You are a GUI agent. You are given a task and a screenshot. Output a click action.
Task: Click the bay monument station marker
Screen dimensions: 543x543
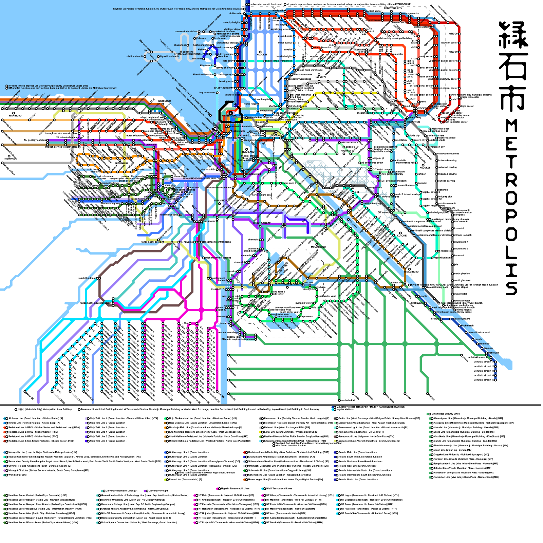pyautogui.click(x=217, y=93)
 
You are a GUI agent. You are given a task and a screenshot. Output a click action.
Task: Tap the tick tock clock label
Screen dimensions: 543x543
pyautogui.click(x=230, y=95)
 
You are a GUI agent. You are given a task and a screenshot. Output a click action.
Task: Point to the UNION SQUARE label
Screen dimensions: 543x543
pyautogui.click(x=262, y=223)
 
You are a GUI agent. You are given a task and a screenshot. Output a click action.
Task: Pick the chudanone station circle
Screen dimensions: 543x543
pyautogui.click(x=188, y=45)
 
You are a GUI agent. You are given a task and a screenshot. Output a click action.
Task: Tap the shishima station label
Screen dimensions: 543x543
pyautogui.click(x=197, y=59)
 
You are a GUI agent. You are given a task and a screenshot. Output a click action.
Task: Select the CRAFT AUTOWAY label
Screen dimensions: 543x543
pyautogui.click(x=223, y=88)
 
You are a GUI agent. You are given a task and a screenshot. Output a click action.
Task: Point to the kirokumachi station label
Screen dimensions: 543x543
pyautogui.click(x=467, y=325)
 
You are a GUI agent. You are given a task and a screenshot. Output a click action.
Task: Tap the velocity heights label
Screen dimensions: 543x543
pyautogui.click(x=232, y=22)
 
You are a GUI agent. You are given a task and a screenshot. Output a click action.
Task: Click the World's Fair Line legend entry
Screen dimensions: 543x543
pyautogui.click(x=17, y=475)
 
